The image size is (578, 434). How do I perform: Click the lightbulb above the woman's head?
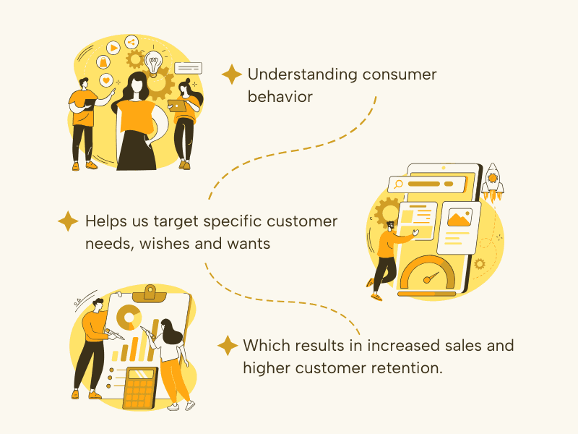click(x=153, y=64)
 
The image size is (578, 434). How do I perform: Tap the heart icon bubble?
click(x=106, y=80)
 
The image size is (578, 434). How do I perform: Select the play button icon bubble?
click(x=113, y=48)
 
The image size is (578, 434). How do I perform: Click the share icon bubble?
click(x=131, y=42)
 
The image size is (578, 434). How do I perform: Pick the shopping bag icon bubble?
click(x=103, y=62)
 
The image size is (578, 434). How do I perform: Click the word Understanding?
click(x=302, y=75)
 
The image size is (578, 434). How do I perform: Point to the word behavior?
click(x=280, y=97)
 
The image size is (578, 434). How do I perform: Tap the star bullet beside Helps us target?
click(x=68, y=221)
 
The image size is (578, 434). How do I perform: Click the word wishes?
click(x=165, y=244)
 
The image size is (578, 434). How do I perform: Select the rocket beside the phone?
click(x=493, y=182)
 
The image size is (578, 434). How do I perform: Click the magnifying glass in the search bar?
click(x=398, y=184)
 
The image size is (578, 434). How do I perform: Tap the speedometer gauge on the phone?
click(x=428, y=273)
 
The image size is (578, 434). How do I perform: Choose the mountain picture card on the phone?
click(x=460, y=218)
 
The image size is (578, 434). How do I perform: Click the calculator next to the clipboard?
click(x=140, y=388)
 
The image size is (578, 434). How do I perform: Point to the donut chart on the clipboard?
click(x=129, y=318)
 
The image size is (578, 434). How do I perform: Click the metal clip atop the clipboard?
click(x=150, y=294)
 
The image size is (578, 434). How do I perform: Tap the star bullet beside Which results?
click(x=228, y=346)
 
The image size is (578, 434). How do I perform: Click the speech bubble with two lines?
click(x=188, y=68)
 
